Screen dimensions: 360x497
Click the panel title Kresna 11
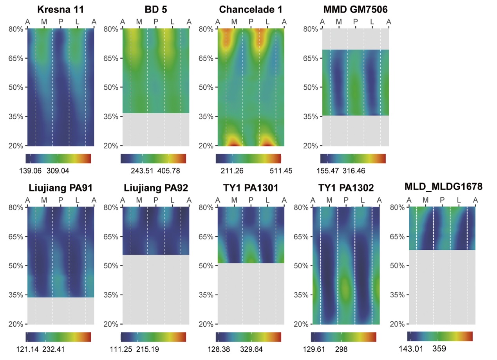pos(61,10)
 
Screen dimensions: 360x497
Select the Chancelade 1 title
pos(251,10)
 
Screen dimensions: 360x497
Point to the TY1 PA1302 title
pos(346,188)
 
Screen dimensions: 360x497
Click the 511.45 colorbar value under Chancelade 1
pos(281,170)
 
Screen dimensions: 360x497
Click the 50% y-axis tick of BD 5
pos(111,87)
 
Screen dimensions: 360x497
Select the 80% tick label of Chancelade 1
pos(206,29)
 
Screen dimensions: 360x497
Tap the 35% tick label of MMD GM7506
pos(311,116)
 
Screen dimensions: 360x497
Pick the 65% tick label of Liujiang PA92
pos(111,237)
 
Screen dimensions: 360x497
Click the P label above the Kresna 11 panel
pos(61,22)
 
